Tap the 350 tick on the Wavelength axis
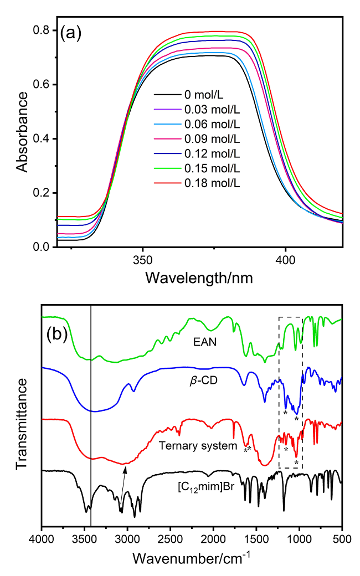(x=143, y=260)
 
